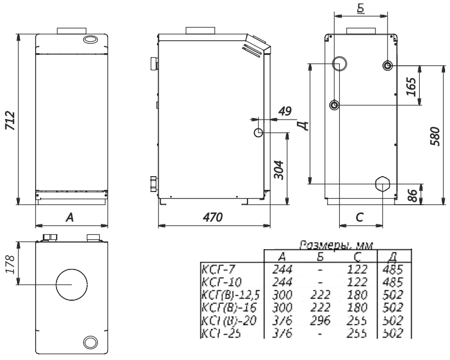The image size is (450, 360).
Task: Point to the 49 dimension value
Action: coord(284,111)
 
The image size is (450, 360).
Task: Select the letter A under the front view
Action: coord(70,217)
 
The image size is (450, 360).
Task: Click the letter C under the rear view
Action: coord(359,217)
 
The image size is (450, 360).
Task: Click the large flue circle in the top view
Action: coord(71,284)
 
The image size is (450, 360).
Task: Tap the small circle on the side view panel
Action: coord(258,133)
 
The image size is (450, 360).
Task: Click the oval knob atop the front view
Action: coord(89,40)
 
